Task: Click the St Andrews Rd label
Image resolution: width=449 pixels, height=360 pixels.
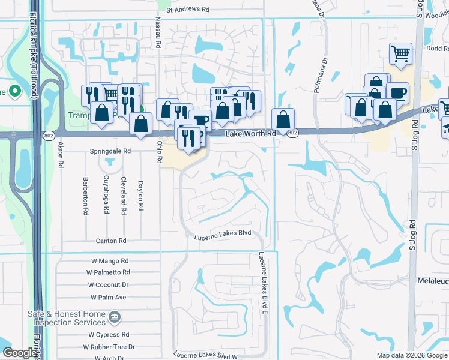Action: click(188, 10)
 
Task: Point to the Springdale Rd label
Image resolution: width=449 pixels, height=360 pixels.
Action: click(110, 152)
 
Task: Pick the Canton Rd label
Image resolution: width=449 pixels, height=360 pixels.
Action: click(111, 241)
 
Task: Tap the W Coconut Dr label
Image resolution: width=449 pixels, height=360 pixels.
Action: click(109, 285)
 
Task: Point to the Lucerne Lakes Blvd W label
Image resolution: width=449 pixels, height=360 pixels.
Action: click(205, 356)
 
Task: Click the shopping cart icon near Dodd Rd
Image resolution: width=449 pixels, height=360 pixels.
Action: click(400, 54)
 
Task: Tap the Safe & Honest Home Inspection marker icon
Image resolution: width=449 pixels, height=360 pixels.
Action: click(114, 316)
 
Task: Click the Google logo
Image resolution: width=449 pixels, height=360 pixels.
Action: click(20, 353)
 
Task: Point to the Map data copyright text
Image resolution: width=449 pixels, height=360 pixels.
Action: click(411, 355)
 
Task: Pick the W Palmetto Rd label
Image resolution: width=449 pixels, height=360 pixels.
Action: click(110, 272)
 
